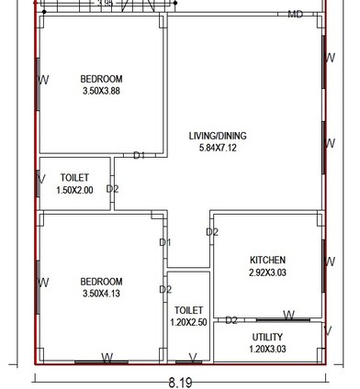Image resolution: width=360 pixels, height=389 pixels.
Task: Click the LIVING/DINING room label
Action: coord(218,136)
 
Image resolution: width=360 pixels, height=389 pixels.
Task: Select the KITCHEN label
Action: coord(267,260)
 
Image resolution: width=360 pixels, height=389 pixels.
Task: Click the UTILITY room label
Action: coord(267,337)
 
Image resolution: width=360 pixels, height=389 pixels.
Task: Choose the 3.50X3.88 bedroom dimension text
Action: coord(101,91)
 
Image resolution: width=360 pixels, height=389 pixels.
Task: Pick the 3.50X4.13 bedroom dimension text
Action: coord(101,294)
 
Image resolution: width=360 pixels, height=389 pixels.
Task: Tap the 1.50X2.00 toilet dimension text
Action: coord(74,189)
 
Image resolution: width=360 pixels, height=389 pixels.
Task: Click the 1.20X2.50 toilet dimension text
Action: coord(188,323)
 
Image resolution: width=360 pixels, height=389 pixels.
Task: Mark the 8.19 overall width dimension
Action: coord(180,381)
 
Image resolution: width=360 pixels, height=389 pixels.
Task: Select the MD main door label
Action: coord(296,15)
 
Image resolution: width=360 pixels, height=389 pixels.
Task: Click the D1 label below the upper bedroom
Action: coord(140,156)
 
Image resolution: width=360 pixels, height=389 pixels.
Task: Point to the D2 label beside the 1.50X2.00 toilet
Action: coord(112,189)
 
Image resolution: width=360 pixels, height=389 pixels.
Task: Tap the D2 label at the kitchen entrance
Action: coord(212,232)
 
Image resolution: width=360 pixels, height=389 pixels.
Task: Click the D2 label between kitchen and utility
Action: coord(231,320)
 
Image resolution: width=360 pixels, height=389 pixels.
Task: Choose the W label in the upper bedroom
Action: coord(44,80)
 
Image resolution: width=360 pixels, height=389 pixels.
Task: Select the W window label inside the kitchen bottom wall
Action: coord(288,316)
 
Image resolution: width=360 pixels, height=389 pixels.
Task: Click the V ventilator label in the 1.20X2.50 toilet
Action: coord(192,358)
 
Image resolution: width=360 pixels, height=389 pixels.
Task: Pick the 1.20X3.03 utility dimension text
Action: coord(267,349)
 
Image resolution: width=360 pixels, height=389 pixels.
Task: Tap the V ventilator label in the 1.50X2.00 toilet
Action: coord(42,179)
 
